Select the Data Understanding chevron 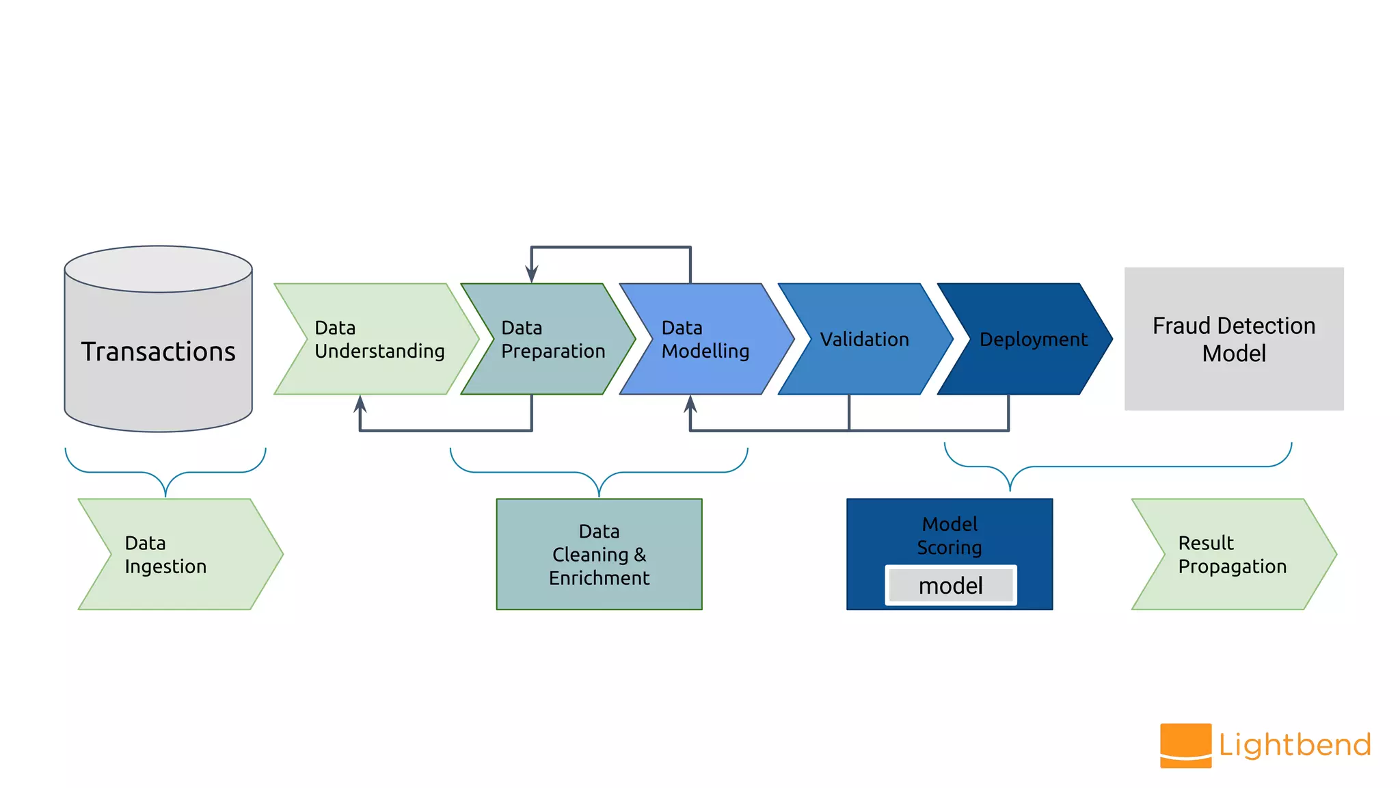tap(376, 339)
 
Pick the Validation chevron tap(865, 339)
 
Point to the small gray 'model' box tap(950, 586)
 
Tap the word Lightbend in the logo tap(1295, 745)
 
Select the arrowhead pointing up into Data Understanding tap(360, 404)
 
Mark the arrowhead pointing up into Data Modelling tap(690, 404)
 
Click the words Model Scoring tap(950, 536)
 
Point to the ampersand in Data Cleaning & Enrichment tap(640, 554)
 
